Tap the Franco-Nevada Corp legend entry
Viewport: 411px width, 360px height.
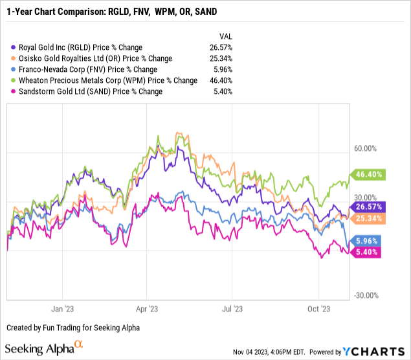pos(86,69)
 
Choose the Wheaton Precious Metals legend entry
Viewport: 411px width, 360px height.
pos(106,80)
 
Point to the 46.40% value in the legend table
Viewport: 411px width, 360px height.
pos(225,80)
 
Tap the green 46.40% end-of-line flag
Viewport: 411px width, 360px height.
pos(368,174)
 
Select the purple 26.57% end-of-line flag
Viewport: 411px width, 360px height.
pos(368,207)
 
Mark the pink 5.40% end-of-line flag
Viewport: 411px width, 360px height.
pos(368,253)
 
